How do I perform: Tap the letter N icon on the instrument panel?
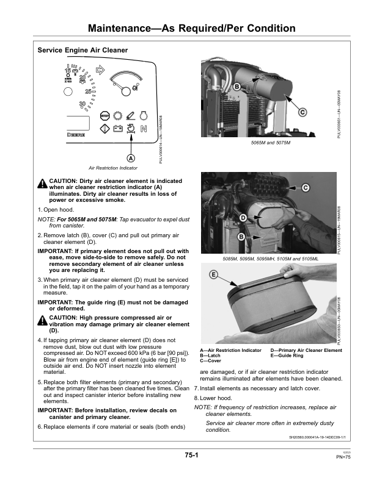point(143,129)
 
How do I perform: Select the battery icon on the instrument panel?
point(117,129)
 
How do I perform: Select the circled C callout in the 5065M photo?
point(302,112)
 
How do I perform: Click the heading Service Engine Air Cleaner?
point(82,50)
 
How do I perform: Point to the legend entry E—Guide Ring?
point(287,355)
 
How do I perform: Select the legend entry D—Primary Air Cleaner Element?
point(306,350)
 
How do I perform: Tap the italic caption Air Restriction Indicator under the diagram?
point(113,168)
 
